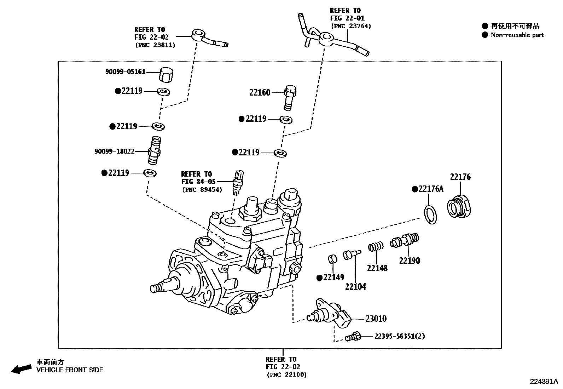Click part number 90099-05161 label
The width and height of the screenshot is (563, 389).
[125, 72]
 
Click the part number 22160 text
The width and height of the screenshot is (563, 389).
[260, 93]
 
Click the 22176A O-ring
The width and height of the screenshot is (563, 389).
[430, 214]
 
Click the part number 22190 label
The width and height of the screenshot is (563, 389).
[410, 261]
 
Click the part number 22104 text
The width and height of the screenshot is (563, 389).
[355, 287]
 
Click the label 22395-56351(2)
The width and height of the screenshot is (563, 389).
[400, 336]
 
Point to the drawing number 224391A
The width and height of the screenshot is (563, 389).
[543, 382]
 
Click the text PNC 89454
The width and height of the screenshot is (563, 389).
[202, 190]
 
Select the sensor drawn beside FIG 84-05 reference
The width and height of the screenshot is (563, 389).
[237, 182]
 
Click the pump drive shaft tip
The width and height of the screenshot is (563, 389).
[155, 288]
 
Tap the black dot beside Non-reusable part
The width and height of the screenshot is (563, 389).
[485, 35]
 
